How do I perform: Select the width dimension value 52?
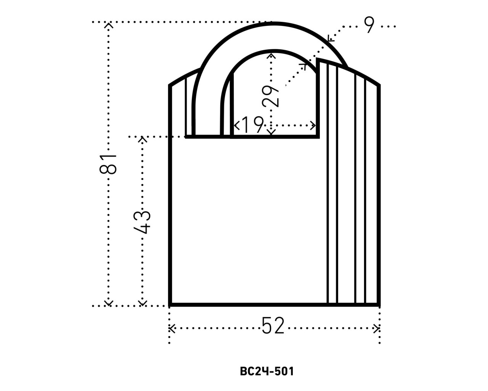(x=273, y=327)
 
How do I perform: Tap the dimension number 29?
(x=271, y=96)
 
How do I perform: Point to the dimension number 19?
(x=252, y=125)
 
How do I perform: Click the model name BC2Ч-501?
(x=267, y=371)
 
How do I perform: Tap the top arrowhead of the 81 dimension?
(x=109, y=25)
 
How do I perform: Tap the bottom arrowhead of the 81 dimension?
(x=109, y=303)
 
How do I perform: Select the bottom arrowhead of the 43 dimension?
(x=142, y=303)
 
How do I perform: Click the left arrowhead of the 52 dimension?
(x=172, y=328)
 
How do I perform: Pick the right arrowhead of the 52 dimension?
(x=377, y=328)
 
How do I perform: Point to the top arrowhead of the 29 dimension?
(x=271, y=55)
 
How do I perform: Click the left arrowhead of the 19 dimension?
(x=236, y=125)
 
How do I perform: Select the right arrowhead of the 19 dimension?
(x=314, y=125)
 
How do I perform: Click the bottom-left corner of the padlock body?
(x=170, y=305)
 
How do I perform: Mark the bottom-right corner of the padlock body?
(x=379, y=305)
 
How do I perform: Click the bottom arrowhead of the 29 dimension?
(x=271, y=133)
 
